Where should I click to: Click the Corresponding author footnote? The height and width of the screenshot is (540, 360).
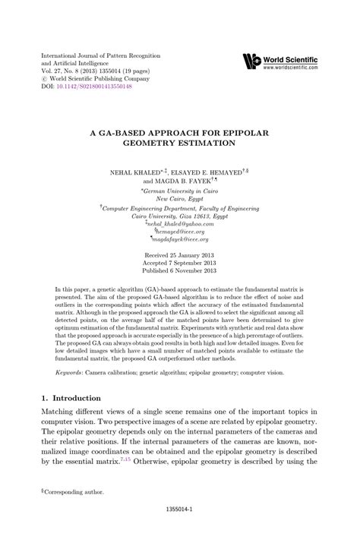click(x=74, y=492)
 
